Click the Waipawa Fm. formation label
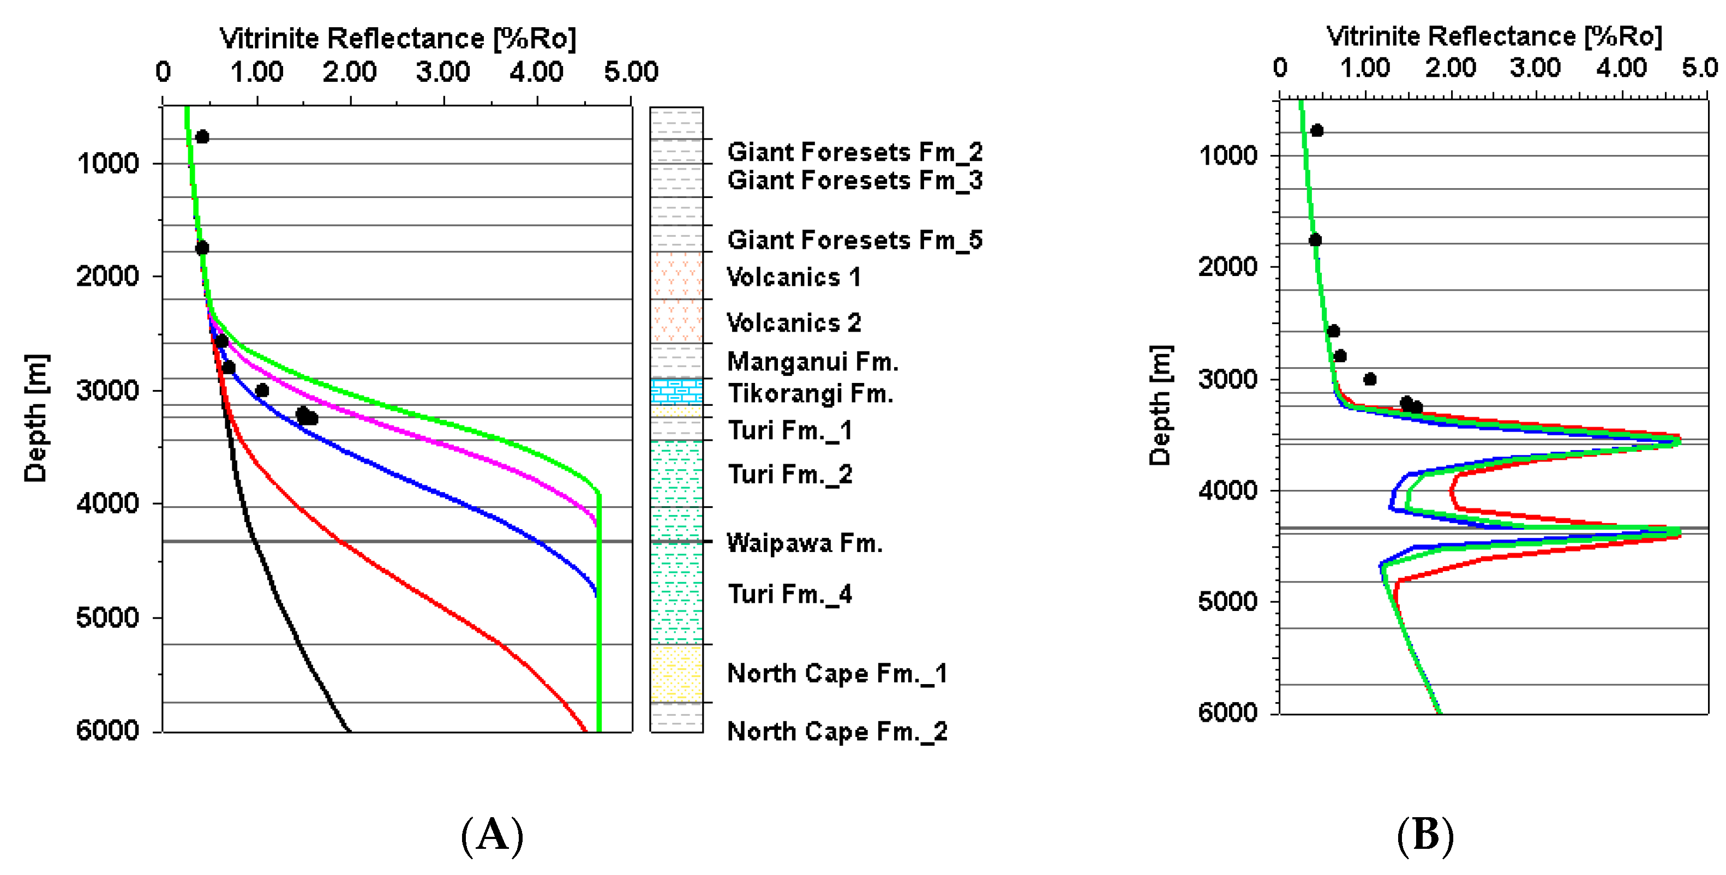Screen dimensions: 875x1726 804,543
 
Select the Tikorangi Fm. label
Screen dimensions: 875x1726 810,393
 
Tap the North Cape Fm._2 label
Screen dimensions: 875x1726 837,731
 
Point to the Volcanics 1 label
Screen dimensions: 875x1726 793,277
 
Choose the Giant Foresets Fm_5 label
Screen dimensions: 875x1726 854,240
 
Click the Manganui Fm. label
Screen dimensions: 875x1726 812,362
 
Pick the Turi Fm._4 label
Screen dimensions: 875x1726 789,594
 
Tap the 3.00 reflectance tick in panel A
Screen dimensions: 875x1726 442,71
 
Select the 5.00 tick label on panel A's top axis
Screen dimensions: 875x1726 631,71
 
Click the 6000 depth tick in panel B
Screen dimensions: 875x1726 1227,711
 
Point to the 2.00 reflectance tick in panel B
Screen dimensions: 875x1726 1450,68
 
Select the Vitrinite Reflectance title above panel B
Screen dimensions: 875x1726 1494,36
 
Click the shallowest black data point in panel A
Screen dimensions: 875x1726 202,137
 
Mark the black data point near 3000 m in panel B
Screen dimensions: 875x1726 1370,379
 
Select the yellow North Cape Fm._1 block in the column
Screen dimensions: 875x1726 676,673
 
